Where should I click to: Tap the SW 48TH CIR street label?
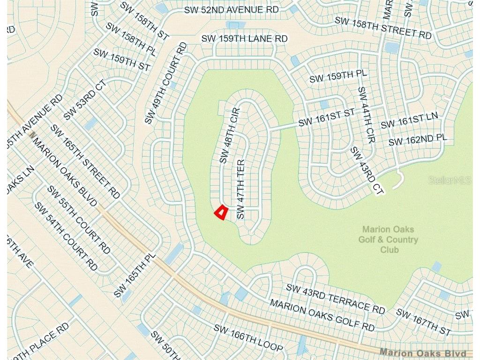(230, 136)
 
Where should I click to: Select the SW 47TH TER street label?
(241, 189)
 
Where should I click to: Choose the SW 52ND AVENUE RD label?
(232, 10)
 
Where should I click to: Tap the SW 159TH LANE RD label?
(244, 38)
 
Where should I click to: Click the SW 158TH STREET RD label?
(382, 28)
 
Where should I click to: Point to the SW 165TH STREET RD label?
(85, 161)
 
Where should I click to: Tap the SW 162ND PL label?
(418, 139)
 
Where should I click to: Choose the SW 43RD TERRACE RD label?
(335, 299)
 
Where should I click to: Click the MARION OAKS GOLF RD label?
(322, 315)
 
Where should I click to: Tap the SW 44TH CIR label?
(367, 115)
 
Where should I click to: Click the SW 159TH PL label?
(338, 76)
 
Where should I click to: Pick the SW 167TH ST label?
(423, 322)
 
